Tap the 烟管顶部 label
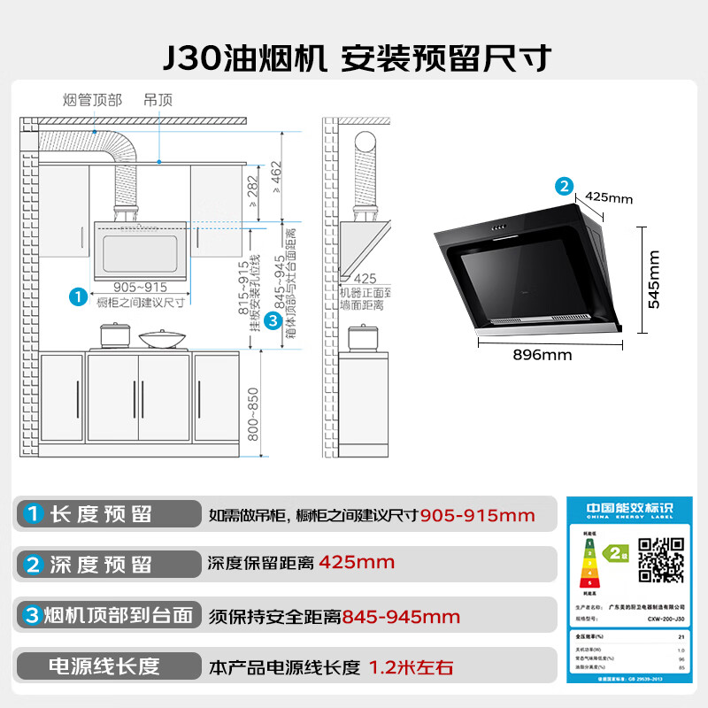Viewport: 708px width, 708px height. [x=93, y=99]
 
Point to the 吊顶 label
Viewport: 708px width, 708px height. [x=158, y=99]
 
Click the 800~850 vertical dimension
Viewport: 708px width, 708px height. [x=253, y=416]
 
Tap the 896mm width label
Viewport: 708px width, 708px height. [x=542, y=355]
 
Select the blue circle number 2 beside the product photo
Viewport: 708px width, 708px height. [x=564, y=186]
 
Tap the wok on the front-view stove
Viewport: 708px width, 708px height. [x=157, y=338]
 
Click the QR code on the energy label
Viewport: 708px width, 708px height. [x=660, y=561]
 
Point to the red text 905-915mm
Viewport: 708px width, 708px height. [x=478, y=515]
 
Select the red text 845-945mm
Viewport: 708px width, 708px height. [x=402, y=617]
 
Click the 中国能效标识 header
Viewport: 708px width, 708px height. [x=629, y=512]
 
